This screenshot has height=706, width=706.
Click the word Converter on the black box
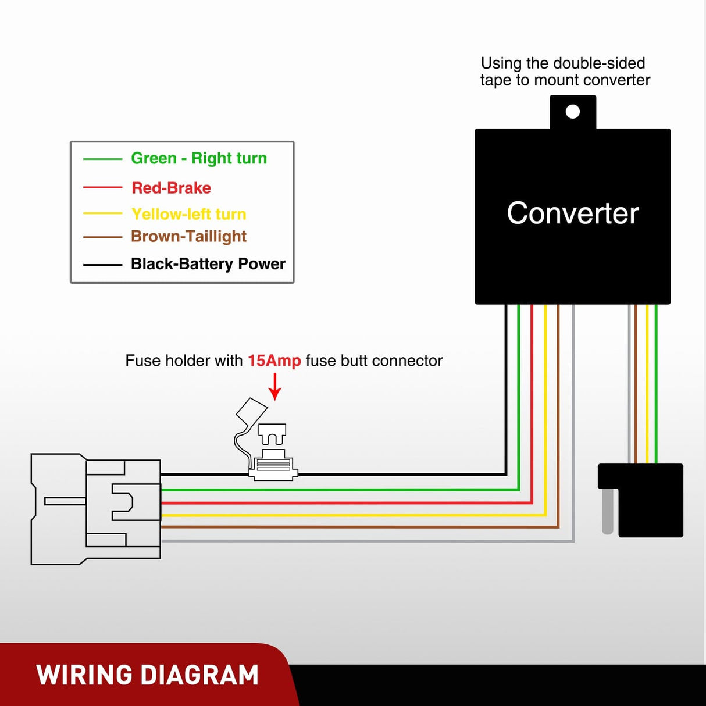pos(572,213)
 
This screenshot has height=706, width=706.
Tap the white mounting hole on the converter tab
pos(572,112)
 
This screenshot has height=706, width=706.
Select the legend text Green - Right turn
pos(199,158)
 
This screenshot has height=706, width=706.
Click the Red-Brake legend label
pos(171,188)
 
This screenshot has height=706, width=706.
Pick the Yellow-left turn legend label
pos(188,214)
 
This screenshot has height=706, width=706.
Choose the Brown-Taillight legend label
pos(188,236)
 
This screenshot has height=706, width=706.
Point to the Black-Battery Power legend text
pos(208,264)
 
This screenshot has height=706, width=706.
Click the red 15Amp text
pos(274,361)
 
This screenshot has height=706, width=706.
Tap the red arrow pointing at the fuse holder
pos(275,387)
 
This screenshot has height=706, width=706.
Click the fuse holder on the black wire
pos(273,465)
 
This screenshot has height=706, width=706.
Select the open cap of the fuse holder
pos(251,412)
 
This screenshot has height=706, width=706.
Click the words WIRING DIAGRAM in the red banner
pos(147,675)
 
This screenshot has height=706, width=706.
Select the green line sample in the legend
pos(102,159)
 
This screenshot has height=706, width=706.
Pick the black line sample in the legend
pos(102,265)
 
